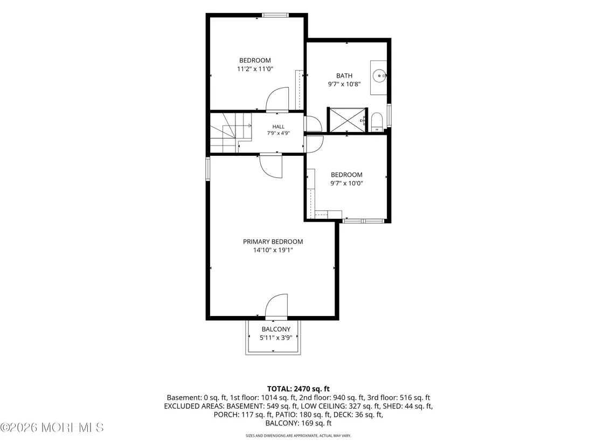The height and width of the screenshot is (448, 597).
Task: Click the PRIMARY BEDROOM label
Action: coord(273,242)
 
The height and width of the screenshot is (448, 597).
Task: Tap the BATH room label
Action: coord(344,76)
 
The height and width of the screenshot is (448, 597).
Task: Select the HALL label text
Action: coord(279,127)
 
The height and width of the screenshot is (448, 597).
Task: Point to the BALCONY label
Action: coord(276,329)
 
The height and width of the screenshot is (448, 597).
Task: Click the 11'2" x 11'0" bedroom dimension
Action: coord(255,69)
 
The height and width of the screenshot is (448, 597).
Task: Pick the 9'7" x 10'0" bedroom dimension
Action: coord(346,183)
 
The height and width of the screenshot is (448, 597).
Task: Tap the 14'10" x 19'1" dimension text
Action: coord(273,250)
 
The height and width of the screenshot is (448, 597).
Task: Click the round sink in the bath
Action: coord(379,76)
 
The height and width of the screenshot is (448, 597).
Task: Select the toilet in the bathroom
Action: coord(377,121)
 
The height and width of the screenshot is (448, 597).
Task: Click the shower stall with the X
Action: coord(347,120)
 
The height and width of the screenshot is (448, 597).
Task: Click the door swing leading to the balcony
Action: coord(276,306)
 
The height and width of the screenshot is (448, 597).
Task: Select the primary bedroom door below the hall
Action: coord(271,167)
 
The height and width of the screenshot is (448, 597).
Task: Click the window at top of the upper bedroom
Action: coord(275,15)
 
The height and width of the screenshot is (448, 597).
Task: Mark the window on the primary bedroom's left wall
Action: coord(208,169)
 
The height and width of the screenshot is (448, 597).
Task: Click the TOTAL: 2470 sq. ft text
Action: coord(298,389)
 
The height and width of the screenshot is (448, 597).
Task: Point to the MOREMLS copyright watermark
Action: coord(52,428)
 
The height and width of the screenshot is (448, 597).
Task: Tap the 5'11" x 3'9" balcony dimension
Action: coord(276,337)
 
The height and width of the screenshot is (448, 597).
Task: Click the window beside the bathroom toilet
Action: coord(389,115)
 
